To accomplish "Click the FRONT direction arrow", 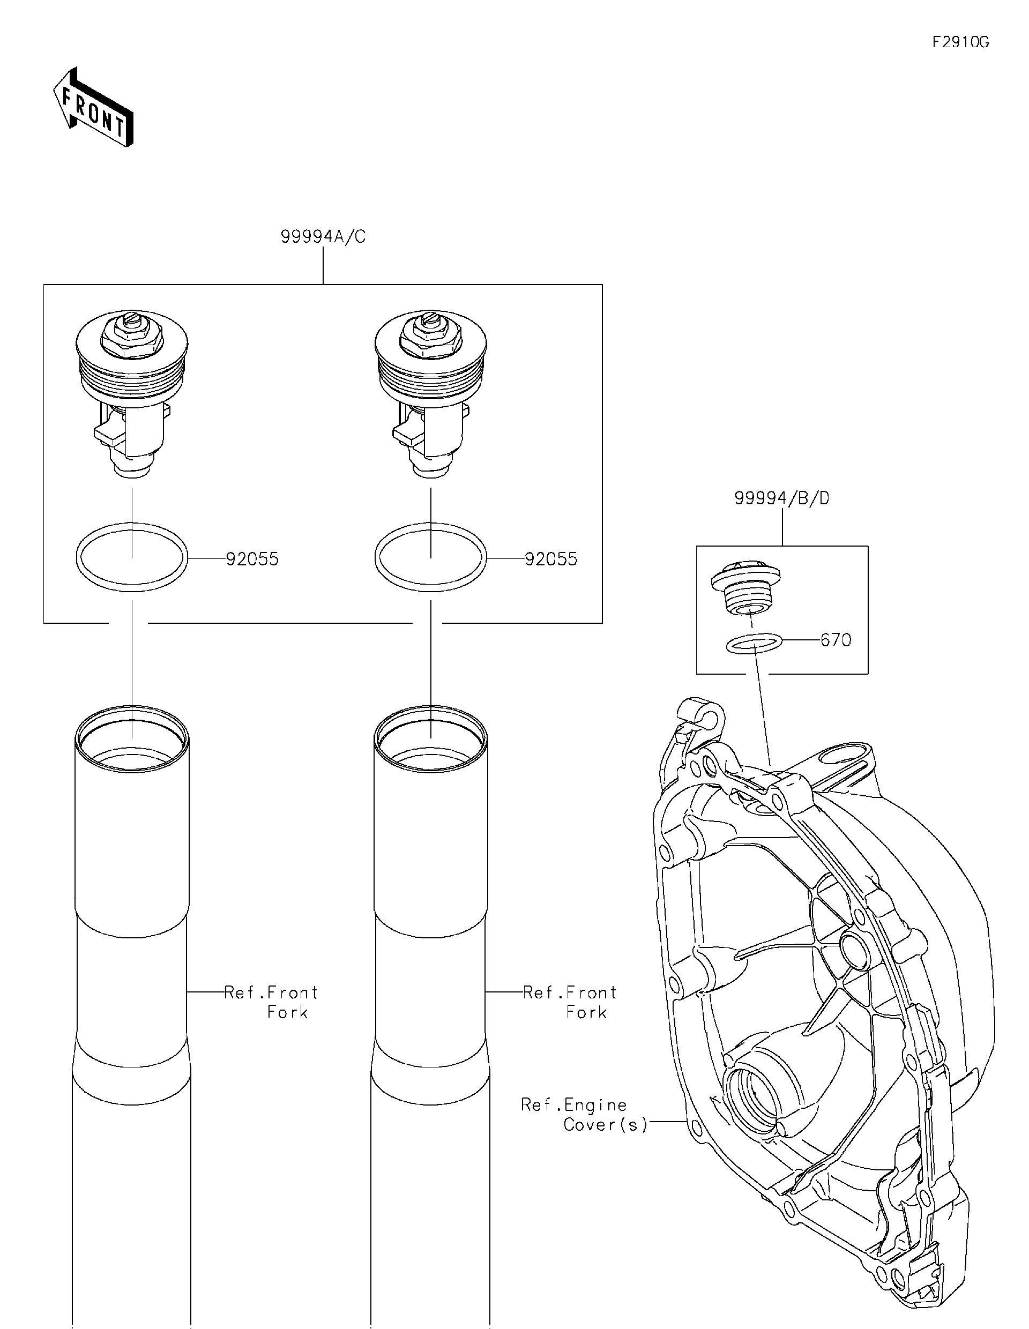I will [93, 109].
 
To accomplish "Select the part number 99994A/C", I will [323, 237].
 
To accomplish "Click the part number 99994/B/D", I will [781, 498].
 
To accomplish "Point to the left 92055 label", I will [252, 559].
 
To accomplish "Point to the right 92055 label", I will [551, 559].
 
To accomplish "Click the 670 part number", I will [836, 640].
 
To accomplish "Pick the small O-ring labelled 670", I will [754, 643].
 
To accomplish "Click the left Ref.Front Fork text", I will [271, 1002].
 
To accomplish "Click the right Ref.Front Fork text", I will [570, 1002].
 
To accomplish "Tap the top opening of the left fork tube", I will [132, 739].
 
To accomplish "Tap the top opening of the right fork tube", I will [431, 739].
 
